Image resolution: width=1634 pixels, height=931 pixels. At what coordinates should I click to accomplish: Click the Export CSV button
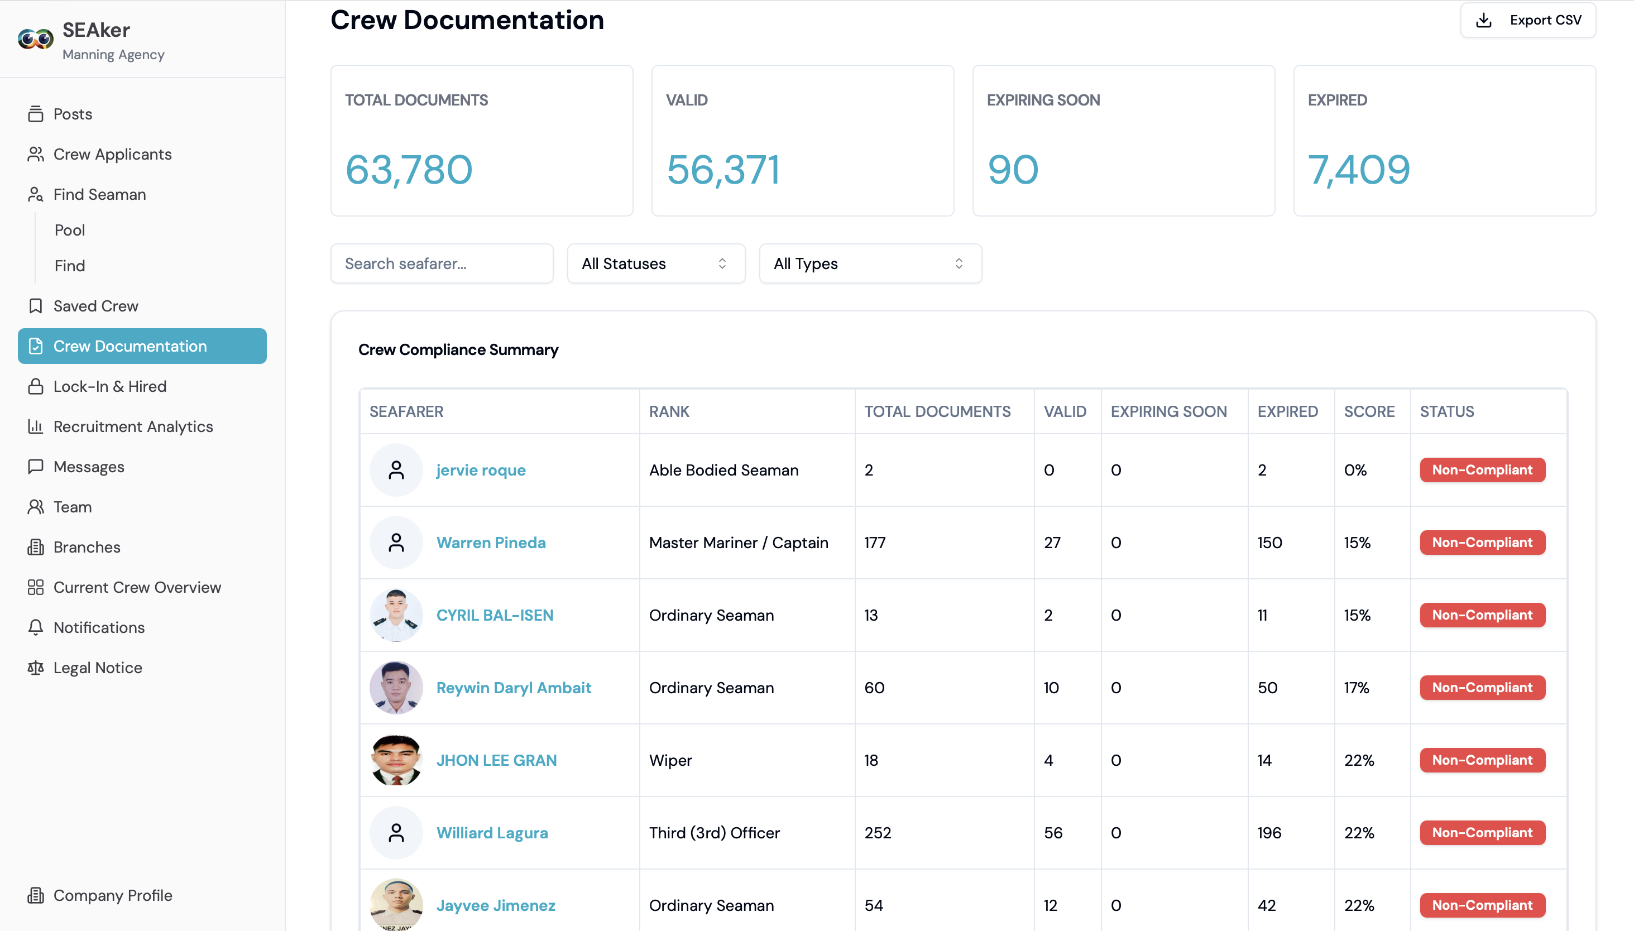1528,21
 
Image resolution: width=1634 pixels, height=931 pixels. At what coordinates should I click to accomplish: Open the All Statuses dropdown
656,263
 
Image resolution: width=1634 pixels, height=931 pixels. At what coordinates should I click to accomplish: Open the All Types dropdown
870,263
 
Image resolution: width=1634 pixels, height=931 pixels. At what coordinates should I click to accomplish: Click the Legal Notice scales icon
36,668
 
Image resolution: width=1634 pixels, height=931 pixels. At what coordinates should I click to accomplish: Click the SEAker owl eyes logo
36,39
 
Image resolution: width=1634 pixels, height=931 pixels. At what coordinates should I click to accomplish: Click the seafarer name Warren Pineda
491,542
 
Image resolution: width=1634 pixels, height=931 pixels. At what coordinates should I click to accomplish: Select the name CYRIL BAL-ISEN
495,615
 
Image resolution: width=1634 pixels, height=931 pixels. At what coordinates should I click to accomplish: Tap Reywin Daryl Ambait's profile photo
396,688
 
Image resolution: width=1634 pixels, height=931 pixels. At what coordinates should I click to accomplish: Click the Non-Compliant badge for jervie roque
1482,470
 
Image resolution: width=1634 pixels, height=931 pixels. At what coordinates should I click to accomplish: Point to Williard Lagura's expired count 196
1269,833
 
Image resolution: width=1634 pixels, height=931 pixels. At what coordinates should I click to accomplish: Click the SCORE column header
1369,411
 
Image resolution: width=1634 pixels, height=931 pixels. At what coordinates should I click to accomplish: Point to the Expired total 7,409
1359,170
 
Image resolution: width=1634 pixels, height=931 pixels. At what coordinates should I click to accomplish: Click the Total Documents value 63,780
409,170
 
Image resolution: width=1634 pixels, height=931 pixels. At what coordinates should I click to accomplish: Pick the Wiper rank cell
671,760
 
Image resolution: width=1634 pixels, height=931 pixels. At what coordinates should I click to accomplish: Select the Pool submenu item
70,230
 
